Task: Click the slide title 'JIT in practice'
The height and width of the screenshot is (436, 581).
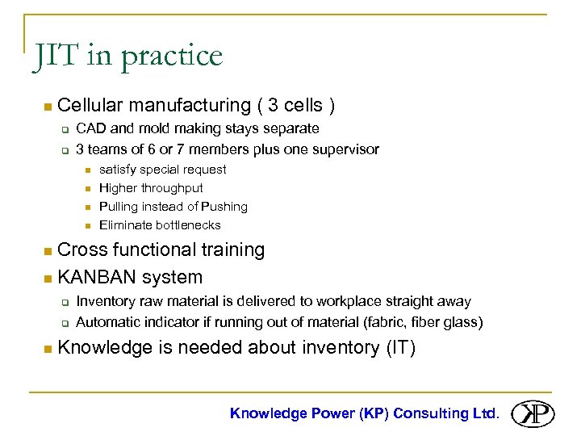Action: tap(127, 57)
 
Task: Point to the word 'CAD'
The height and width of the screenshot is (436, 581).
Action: tap(89, 128)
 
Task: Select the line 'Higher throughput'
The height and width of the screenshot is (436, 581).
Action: tap(151, 188)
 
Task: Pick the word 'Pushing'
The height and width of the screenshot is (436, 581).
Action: tap(224, 207)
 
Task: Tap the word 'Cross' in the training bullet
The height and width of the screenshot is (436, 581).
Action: tap(83, 249)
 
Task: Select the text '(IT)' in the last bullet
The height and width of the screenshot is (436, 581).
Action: tap(398, 348)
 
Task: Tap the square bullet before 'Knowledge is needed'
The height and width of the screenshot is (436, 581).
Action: tap(48, 349)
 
